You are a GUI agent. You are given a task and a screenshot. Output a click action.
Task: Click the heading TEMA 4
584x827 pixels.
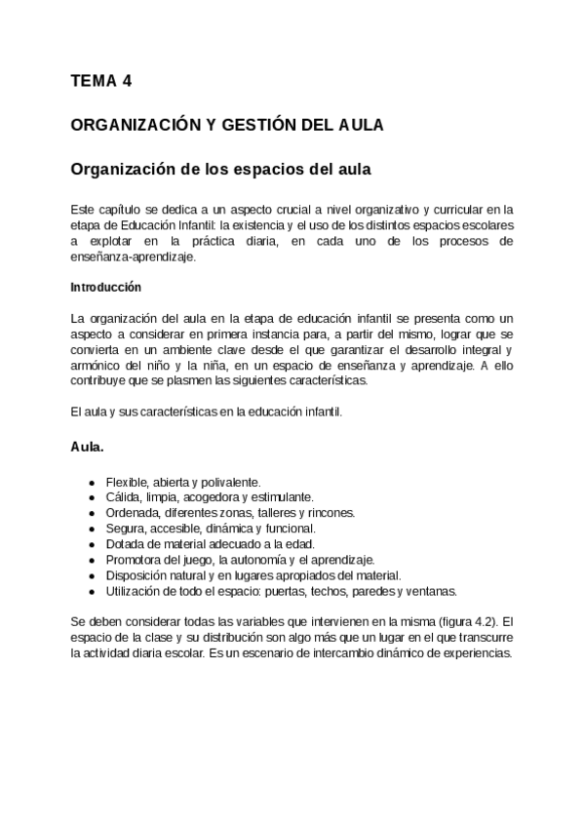pyautogui.click(x=101, y=82)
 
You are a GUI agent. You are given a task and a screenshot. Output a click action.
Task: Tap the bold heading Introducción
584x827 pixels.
pyautogui.click(x=106, y=288)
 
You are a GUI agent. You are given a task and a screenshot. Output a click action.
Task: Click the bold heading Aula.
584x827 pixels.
pyautogui.click(x=88, y=447)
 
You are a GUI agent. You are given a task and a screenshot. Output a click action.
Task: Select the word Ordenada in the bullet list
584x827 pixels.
pyautogui.click(x=133, y=511)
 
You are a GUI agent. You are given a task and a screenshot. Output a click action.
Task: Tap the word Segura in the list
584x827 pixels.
pyautogui.click(x=125, y=527)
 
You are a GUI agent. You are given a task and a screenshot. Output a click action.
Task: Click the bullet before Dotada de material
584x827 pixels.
pyautogui.click(x=92, y=543)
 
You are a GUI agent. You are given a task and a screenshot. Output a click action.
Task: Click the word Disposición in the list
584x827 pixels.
pyautogui.click(x=136, y=574)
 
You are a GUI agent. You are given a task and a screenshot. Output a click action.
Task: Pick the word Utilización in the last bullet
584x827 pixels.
pyautogui.click(x=135, y=590)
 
